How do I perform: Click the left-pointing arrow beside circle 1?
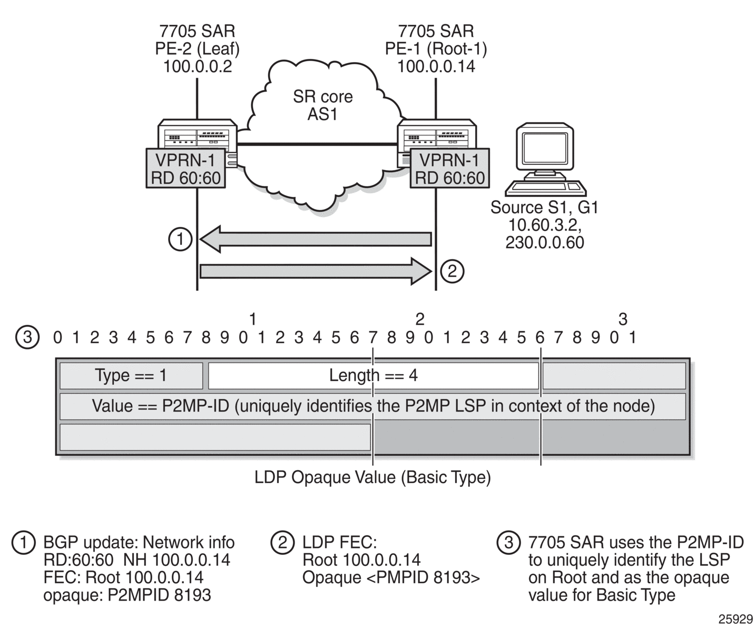pos(316,239)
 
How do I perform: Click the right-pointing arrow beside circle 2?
pos(316,271)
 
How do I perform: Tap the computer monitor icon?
pos(546,159)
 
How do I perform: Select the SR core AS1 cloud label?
pos(322,105)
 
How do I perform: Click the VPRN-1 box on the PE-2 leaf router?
pos(186,168)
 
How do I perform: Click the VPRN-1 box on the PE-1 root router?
pos(450,168)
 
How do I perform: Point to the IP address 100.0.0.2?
pos(198,66)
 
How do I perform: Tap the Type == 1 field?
pos(131,375)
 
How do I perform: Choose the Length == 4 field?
pos(374,375)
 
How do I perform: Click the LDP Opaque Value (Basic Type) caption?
pos(372,477)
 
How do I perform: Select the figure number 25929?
pos(735,619)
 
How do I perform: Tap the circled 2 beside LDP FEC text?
pos(282,543)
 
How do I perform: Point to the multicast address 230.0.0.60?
pos(545,242)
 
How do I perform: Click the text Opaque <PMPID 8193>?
pos(391,577)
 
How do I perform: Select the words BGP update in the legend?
pos(91,543)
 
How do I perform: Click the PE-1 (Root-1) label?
pos(436,49)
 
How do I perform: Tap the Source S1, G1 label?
pos(544,207)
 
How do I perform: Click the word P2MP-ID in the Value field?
pos(195,406)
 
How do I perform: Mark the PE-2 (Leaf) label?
pos(198,49)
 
